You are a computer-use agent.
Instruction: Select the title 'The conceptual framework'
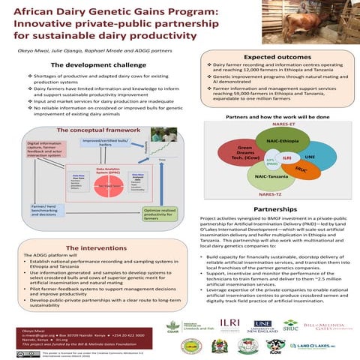[x=98, y=130]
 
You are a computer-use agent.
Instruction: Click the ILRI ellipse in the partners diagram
[x=286, y=157]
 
